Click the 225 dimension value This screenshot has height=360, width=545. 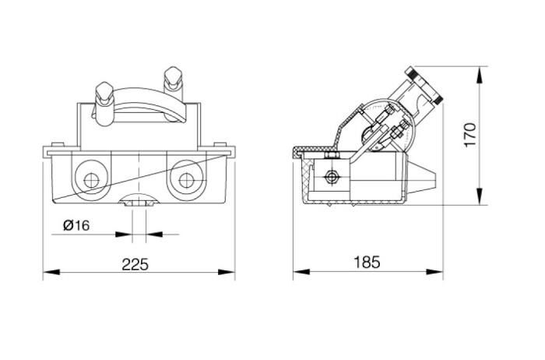(x=136, y=263)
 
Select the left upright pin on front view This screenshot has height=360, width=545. (x=102, y=101)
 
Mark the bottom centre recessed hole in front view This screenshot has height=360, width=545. (x=138, y=203)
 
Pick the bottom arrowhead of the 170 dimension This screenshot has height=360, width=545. (x=478, y=198)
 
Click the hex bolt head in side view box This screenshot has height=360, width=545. (x=333, y=178)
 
